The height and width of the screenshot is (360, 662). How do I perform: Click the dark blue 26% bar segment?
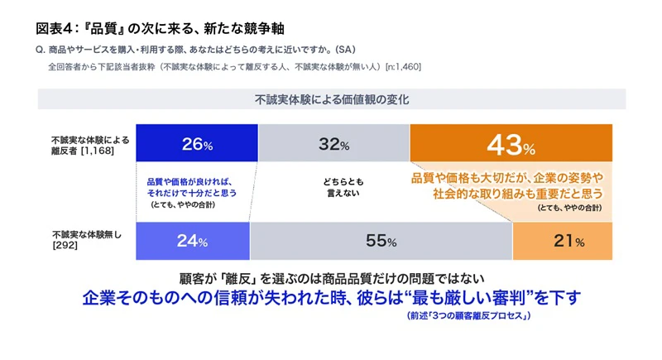tap(197, 144)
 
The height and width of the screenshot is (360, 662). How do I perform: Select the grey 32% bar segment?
tap(333, 144)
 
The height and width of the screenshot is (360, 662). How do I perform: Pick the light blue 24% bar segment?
tap(192, 242)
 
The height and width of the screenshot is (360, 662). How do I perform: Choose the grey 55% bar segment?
tap(381, 242)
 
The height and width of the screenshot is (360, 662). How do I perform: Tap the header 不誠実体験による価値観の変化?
tap(332, 99)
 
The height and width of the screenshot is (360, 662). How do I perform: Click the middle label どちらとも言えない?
tap(333, 187)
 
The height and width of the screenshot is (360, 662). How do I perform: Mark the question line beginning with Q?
tap(195, 49)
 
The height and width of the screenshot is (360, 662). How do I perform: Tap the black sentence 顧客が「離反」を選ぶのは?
tap(331, 276)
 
